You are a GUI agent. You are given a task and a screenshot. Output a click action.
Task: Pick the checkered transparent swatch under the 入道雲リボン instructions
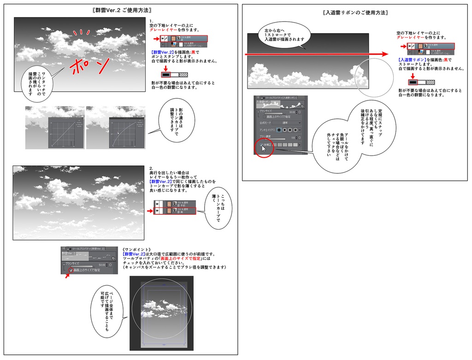point(430,82)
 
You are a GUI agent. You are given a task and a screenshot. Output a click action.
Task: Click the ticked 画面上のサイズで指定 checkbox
point(71,270)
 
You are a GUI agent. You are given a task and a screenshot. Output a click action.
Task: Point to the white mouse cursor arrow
point(264,148)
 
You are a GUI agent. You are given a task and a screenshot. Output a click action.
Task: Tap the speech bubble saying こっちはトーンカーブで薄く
point(218,208)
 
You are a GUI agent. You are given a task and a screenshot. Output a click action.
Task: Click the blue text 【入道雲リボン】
point(411,60)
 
